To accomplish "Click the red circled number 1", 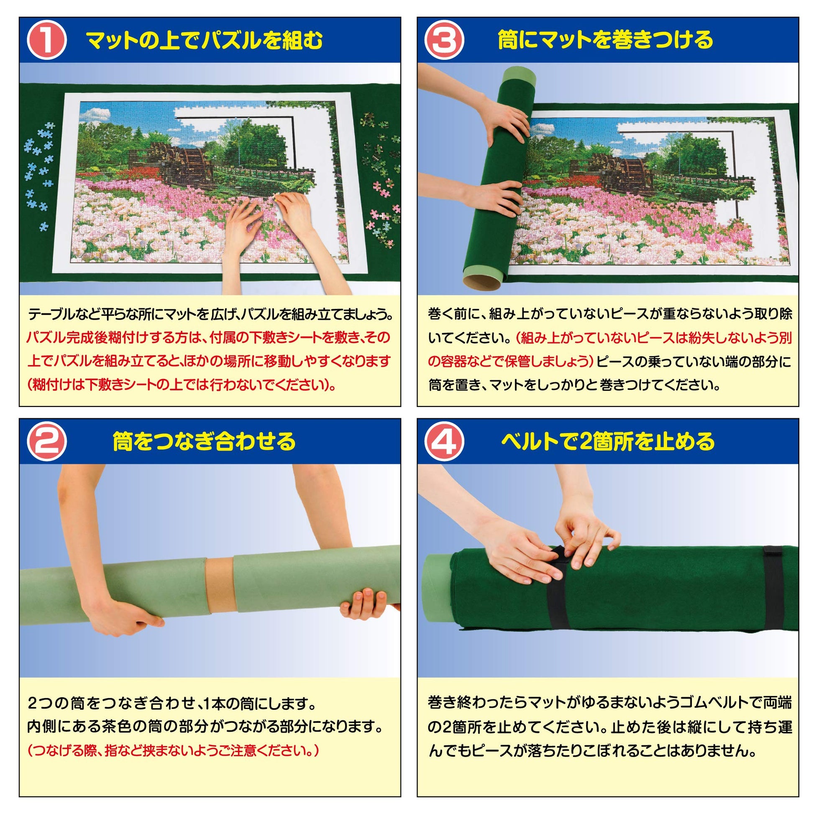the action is tap(46, 41).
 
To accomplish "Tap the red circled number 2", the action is tap(46, 442).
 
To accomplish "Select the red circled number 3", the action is tap(444, 41).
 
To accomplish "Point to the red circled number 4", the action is tap(444, 442).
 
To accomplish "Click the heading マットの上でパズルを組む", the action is tap(205, 41).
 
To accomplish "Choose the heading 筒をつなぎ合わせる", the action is tap(205, 442).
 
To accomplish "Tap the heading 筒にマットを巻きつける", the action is tap(605, 41).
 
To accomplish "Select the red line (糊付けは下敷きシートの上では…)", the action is tap(182, 385).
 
